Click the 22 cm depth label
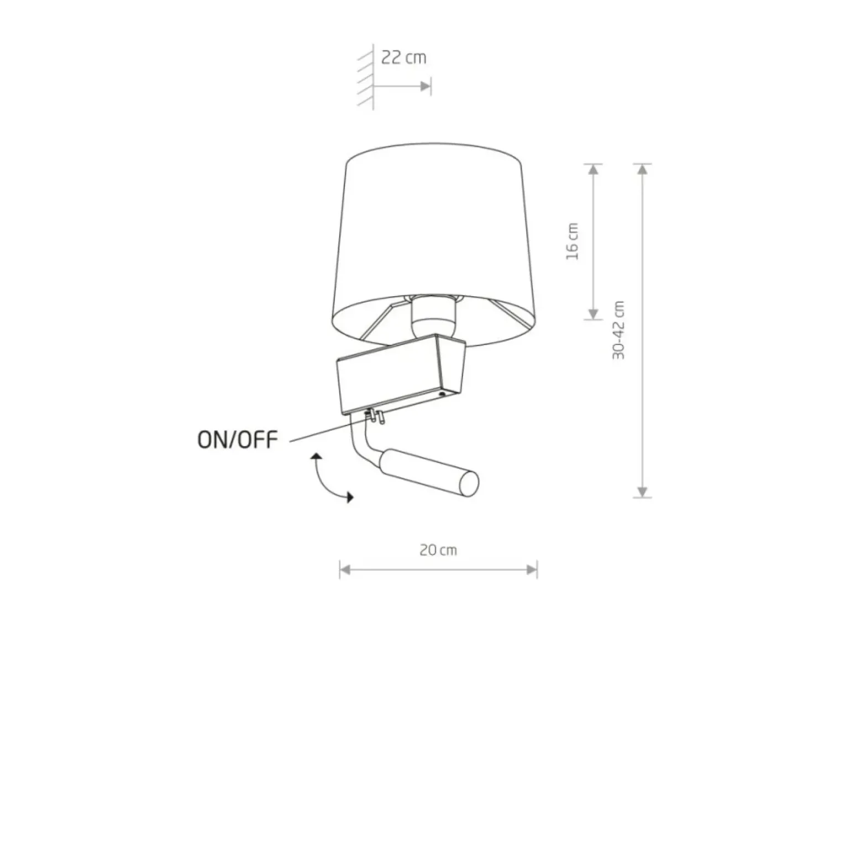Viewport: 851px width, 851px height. (x=403, y=57)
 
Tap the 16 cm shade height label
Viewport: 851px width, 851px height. (x=572, y=241)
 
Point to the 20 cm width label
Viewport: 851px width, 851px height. (x=438, y=550)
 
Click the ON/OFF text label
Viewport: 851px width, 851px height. (x=238, y=440)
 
